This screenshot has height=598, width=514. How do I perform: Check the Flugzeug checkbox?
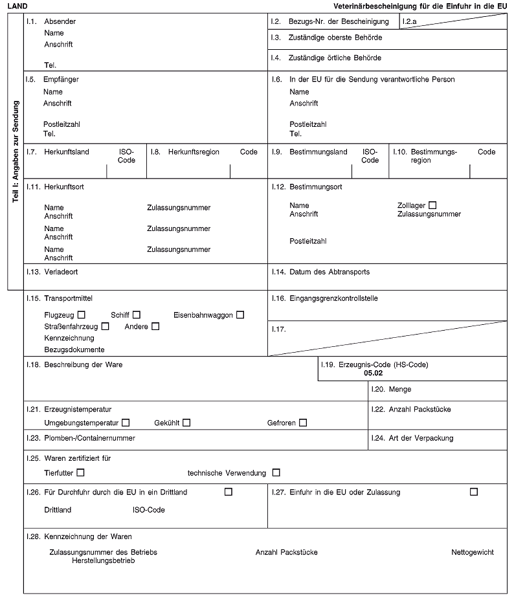coord(80,315)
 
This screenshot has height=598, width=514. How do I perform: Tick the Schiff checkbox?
coord(137,315)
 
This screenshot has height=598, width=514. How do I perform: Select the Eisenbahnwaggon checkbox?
coord(240,315)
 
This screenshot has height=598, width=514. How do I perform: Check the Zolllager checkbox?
coord(432,205)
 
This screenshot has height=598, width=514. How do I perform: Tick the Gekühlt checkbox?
coord(186,423)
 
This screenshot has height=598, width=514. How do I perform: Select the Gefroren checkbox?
coord(303,423)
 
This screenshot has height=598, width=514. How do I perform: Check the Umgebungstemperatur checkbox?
coord(126,423)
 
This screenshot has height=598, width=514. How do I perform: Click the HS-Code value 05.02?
coord(374,373)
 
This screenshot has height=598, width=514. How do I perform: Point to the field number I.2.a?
coord(409,22)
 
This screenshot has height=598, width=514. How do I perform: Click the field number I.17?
coord(280,329)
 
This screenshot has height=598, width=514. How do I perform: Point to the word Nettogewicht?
coord(473,552)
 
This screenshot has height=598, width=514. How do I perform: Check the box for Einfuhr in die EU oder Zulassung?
coord(474,492)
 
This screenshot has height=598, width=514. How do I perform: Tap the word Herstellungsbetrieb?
coord(103,560)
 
